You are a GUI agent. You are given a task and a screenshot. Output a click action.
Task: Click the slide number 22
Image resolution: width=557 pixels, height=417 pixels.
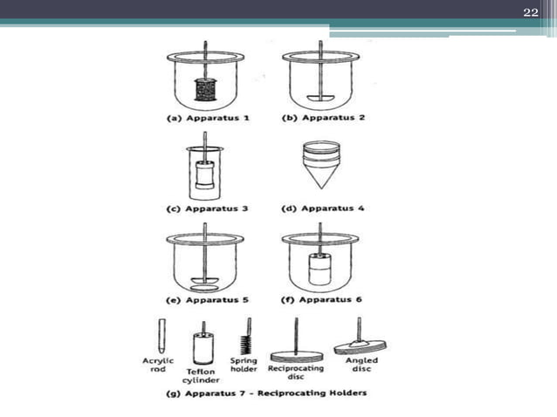(x=530, y=10)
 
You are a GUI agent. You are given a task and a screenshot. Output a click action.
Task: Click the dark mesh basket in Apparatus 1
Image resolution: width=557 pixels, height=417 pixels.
(x=205, y=89)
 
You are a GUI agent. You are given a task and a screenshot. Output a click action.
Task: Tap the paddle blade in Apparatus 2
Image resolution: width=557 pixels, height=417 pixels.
(x=320, y=96)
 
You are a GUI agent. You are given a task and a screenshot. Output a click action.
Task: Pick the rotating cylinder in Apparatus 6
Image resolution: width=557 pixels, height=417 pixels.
(x=320, y=270)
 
